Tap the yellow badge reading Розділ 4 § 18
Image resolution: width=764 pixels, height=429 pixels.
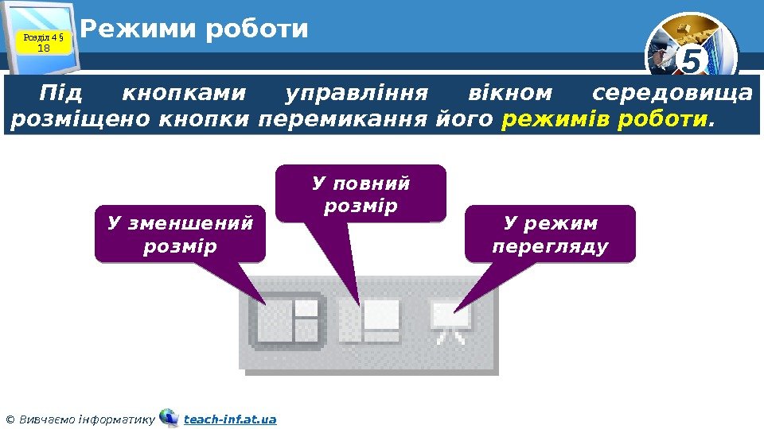point(45,41)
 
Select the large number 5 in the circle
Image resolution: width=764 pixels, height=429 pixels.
point(693,60)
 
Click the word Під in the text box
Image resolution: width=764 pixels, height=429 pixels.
point(60,94)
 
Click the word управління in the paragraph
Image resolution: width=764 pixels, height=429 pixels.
point(357,94)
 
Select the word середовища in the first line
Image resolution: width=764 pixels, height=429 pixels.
point(672,94)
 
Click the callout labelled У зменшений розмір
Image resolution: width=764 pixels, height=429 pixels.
point(180,234)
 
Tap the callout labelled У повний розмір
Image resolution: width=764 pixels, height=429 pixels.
point(361,194)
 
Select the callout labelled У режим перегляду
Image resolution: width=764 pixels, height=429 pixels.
point(550,234)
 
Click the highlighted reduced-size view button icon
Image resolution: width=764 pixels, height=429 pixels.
point(287,321)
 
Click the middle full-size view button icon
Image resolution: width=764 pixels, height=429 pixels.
point(370,321)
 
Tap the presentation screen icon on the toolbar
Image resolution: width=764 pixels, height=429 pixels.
point(451,321)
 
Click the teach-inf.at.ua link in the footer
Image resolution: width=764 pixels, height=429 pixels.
point(230,419)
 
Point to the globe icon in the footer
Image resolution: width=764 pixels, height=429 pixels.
point(169,418)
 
